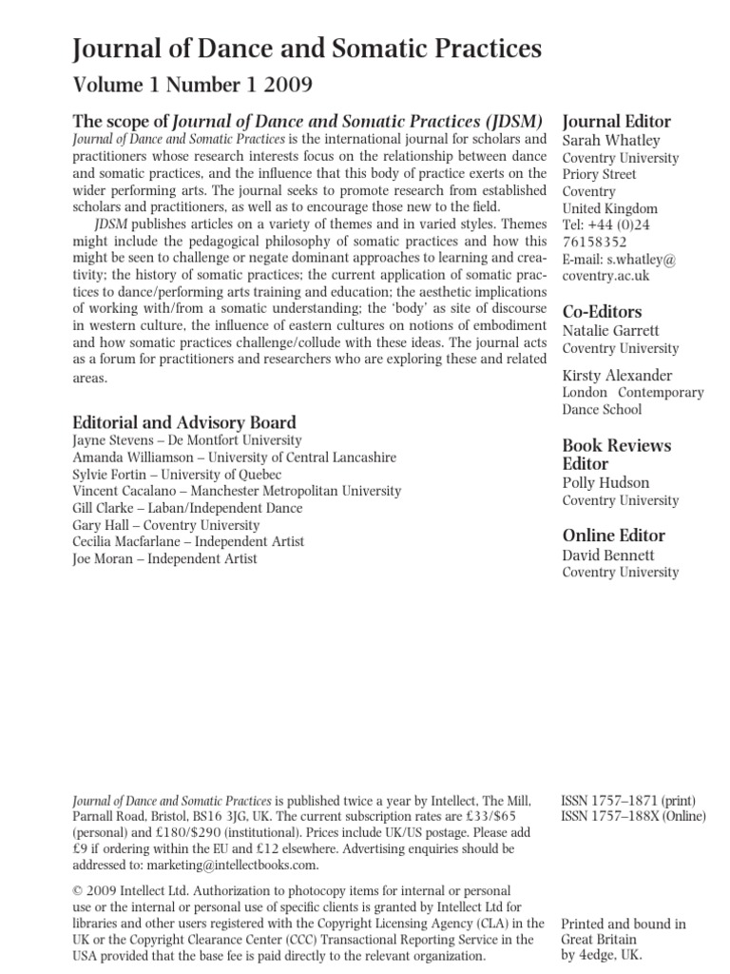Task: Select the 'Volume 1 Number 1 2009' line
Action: pos(193,86)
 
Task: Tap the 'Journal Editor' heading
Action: pos(617,121)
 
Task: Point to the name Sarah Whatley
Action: pos(611,140)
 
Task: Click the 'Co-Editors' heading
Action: pos(602,311)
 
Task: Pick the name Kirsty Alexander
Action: pos(617,375)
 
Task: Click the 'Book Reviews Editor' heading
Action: pos(616,455)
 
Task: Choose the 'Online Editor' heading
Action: pos(613,536)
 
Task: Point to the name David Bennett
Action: pos(608,555)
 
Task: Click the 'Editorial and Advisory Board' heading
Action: pos(184,422)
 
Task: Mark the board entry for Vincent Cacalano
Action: pos(237,491)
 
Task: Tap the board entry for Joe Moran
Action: pos(164,559)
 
